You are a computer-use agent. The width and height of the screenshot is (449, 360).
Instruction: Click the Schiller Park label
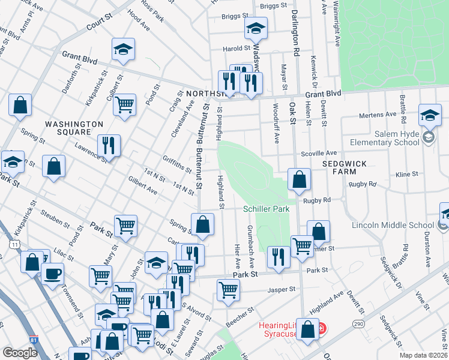point(267,209)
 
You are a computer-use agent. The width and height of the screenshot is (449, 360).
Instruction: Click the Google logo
point(20,353)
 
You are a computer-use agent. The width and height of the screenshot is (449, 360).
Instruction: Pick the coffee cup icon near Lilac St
point(52,274)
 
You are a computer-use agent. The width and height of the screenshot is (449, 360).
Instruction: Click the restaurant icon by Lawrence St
point(109,145)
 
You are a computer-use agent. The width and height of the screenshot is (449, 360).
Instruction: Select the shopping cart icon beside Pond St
point(124,104)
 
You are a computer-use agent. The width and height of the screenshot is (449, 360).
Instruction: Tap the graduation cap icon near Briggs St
point(255,28)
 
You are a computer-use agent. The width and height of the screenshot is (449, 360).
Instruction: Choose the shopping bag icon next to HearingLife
point(308,330)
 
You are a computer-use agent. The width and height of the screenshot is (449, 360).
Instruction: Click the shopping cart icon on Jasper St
point(228,290)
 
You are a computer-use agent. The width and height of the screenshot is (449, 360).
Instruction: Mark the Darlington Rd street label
point(295,33)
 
